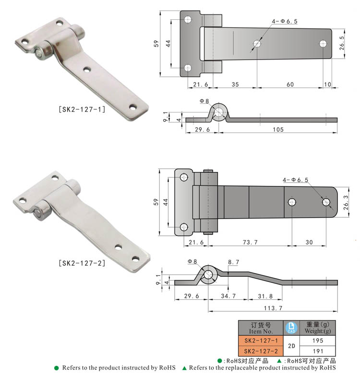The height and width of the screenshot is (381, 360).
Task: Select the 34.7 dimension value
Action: (x=228, y=296)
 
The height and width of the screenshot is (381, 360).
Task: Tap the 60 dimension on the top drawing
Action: (x=290, y=84)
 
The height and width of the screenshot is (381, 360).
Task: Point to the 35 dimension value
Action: (x=235, y=84)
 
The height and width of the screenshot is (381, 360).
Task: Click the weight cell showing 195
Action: (x=318, y=340)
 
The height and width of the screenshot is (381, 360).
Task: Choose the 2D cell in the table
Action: (x=291, y=345)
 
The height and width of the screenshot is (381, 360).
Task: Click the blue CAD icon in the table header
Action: (x=290, y=328)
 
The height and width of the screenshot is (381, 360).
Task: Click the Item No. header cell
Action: (x=261, y=328)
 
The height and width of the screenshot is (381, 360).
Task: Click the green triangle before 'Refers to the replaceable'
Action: (x=184, y=368)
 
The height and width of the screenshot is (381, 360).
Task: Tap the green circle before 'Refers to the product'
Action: (x=56, y=368)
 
